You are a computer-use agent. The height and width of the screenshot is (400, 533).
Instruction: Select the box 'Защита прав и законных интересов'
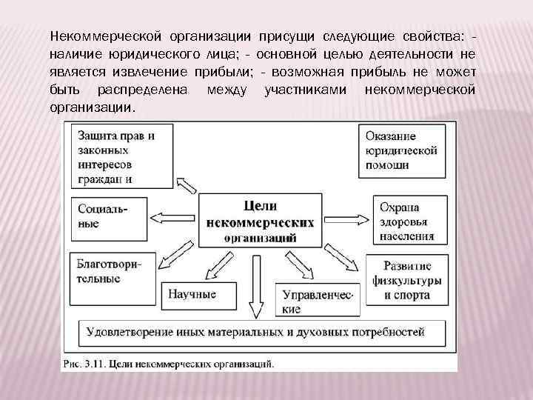click(123, 156)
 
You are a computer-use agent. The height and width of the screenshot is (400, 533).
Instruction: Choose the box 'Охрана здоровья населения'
click(408, 220)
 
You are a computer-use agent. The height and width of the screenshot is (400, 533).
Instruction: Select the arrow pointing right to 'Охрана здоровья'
click(349, 218)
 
